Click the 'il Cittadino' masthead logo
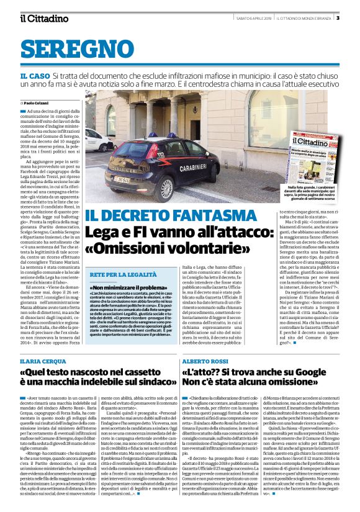(44, 18)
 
